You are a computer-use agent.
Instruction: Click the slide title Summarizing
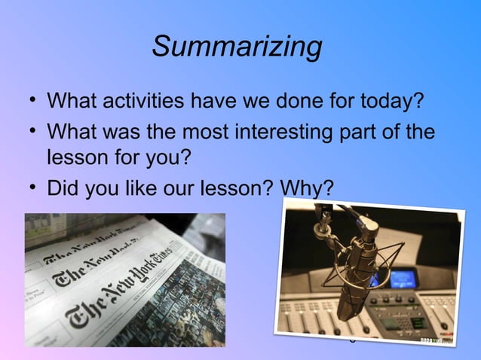237,47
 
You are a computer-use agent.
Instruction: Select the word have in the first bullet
227,100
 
